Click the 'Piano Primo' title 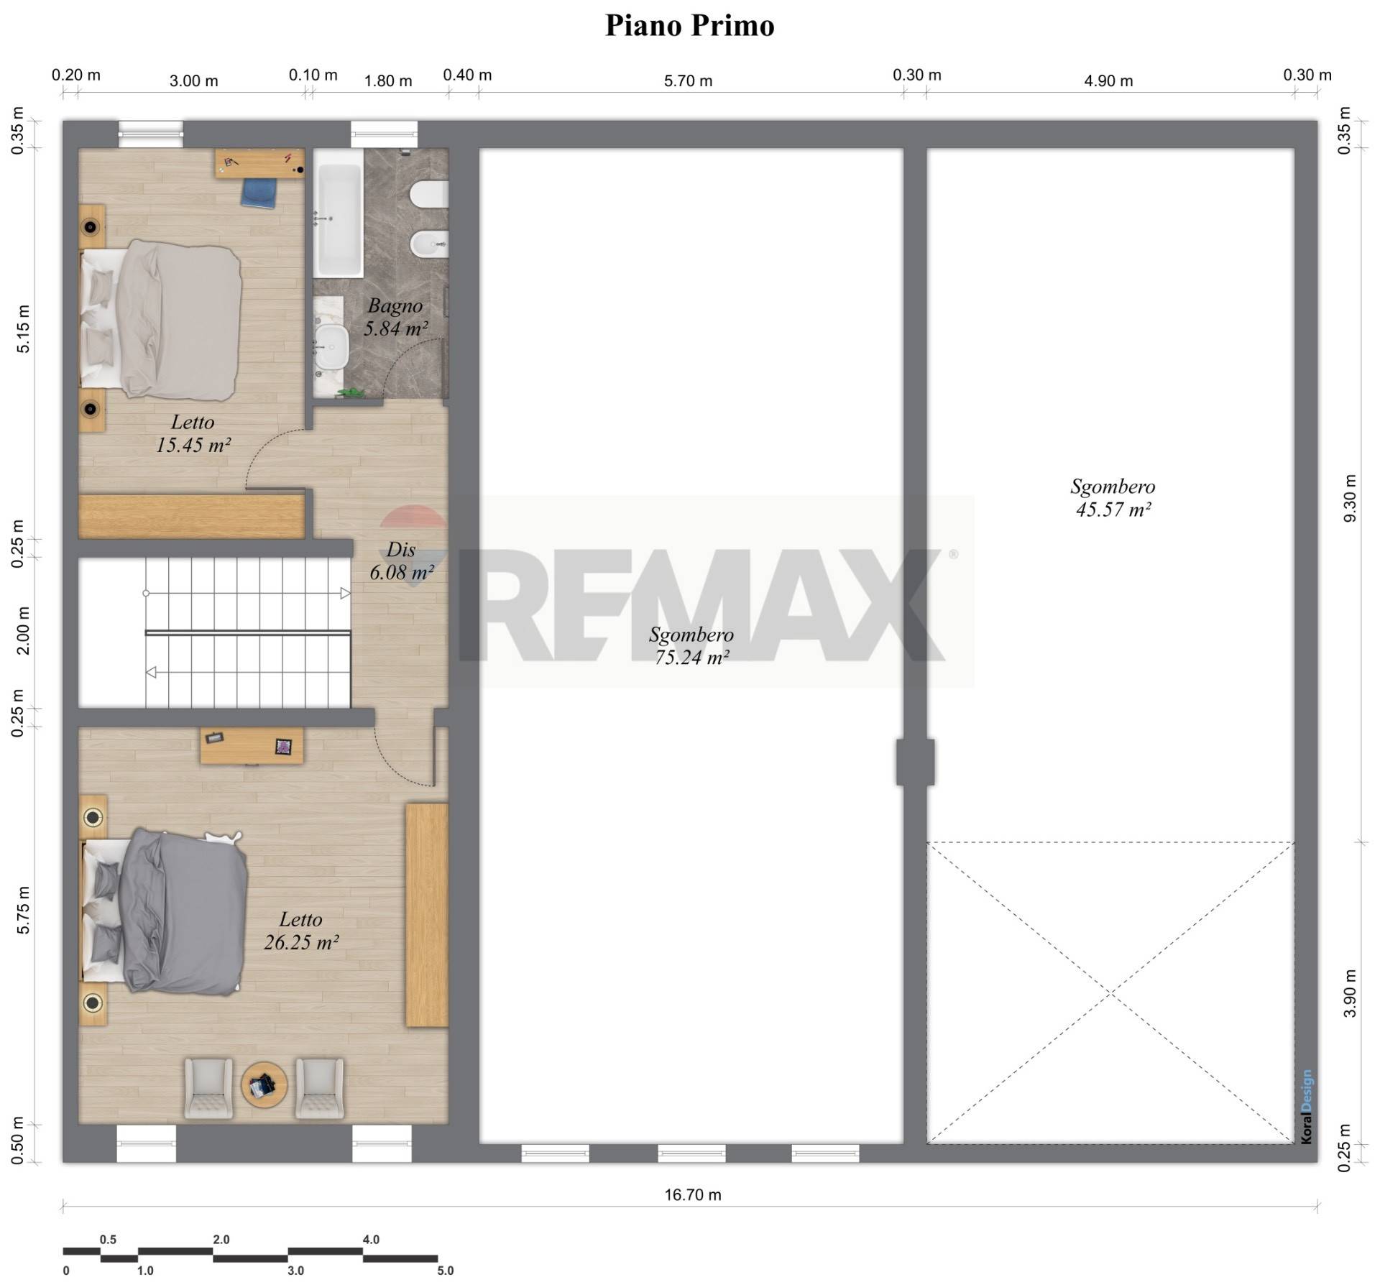point(690,25)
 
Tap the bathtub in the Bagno point(338,220)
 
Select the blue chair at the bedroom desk point(259,193)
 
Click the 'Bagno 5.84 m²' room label point(395,317)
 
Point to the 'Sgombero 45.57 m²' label point(1113,498)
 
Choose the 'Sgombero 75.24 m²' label point(691,645)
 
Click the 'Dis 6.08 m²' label point(401,561)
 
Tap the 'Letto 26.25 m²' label point(301,930)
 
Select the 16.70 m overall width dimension point(692,1195)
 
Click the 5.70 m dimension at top point(688,81)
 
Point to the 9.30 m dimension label point(1350,498)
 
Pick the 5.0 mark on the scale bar point(446,1271)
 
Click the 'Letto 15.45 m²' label point(193,433)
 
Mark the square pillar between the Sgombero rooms point(915,762)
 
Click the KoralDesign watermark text point(1306,1107)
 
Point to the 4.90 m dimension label point(1108,81)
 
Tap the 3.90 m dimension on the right point(1350,993)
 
